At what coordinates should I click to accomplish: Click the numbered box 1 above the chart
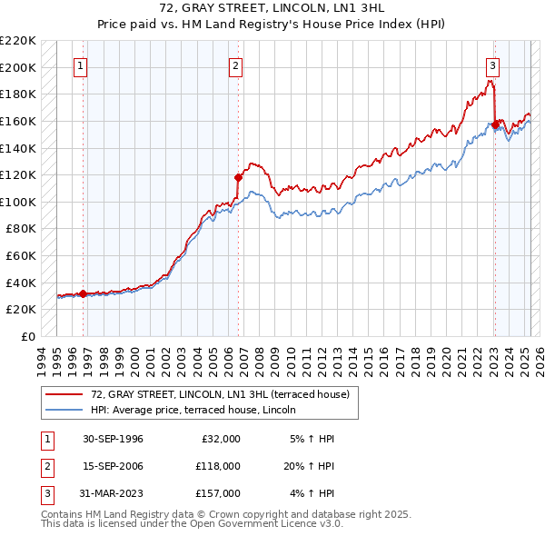[x=81, y=65]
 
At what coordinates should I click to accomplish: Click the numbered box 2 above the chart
[x=235, y=65]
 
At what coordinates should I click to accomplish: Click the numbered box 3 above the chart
[x=491, y=65]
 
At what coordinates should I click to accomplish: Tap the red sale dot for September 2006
[x=238, y=177]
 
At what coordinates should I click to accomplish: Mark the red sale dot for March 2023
[x=495, y=125]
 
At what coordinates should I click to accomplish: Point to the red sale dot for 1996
[x=84, y=293]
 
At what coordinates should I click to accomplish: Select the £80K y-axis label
[x=22, y=229]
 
